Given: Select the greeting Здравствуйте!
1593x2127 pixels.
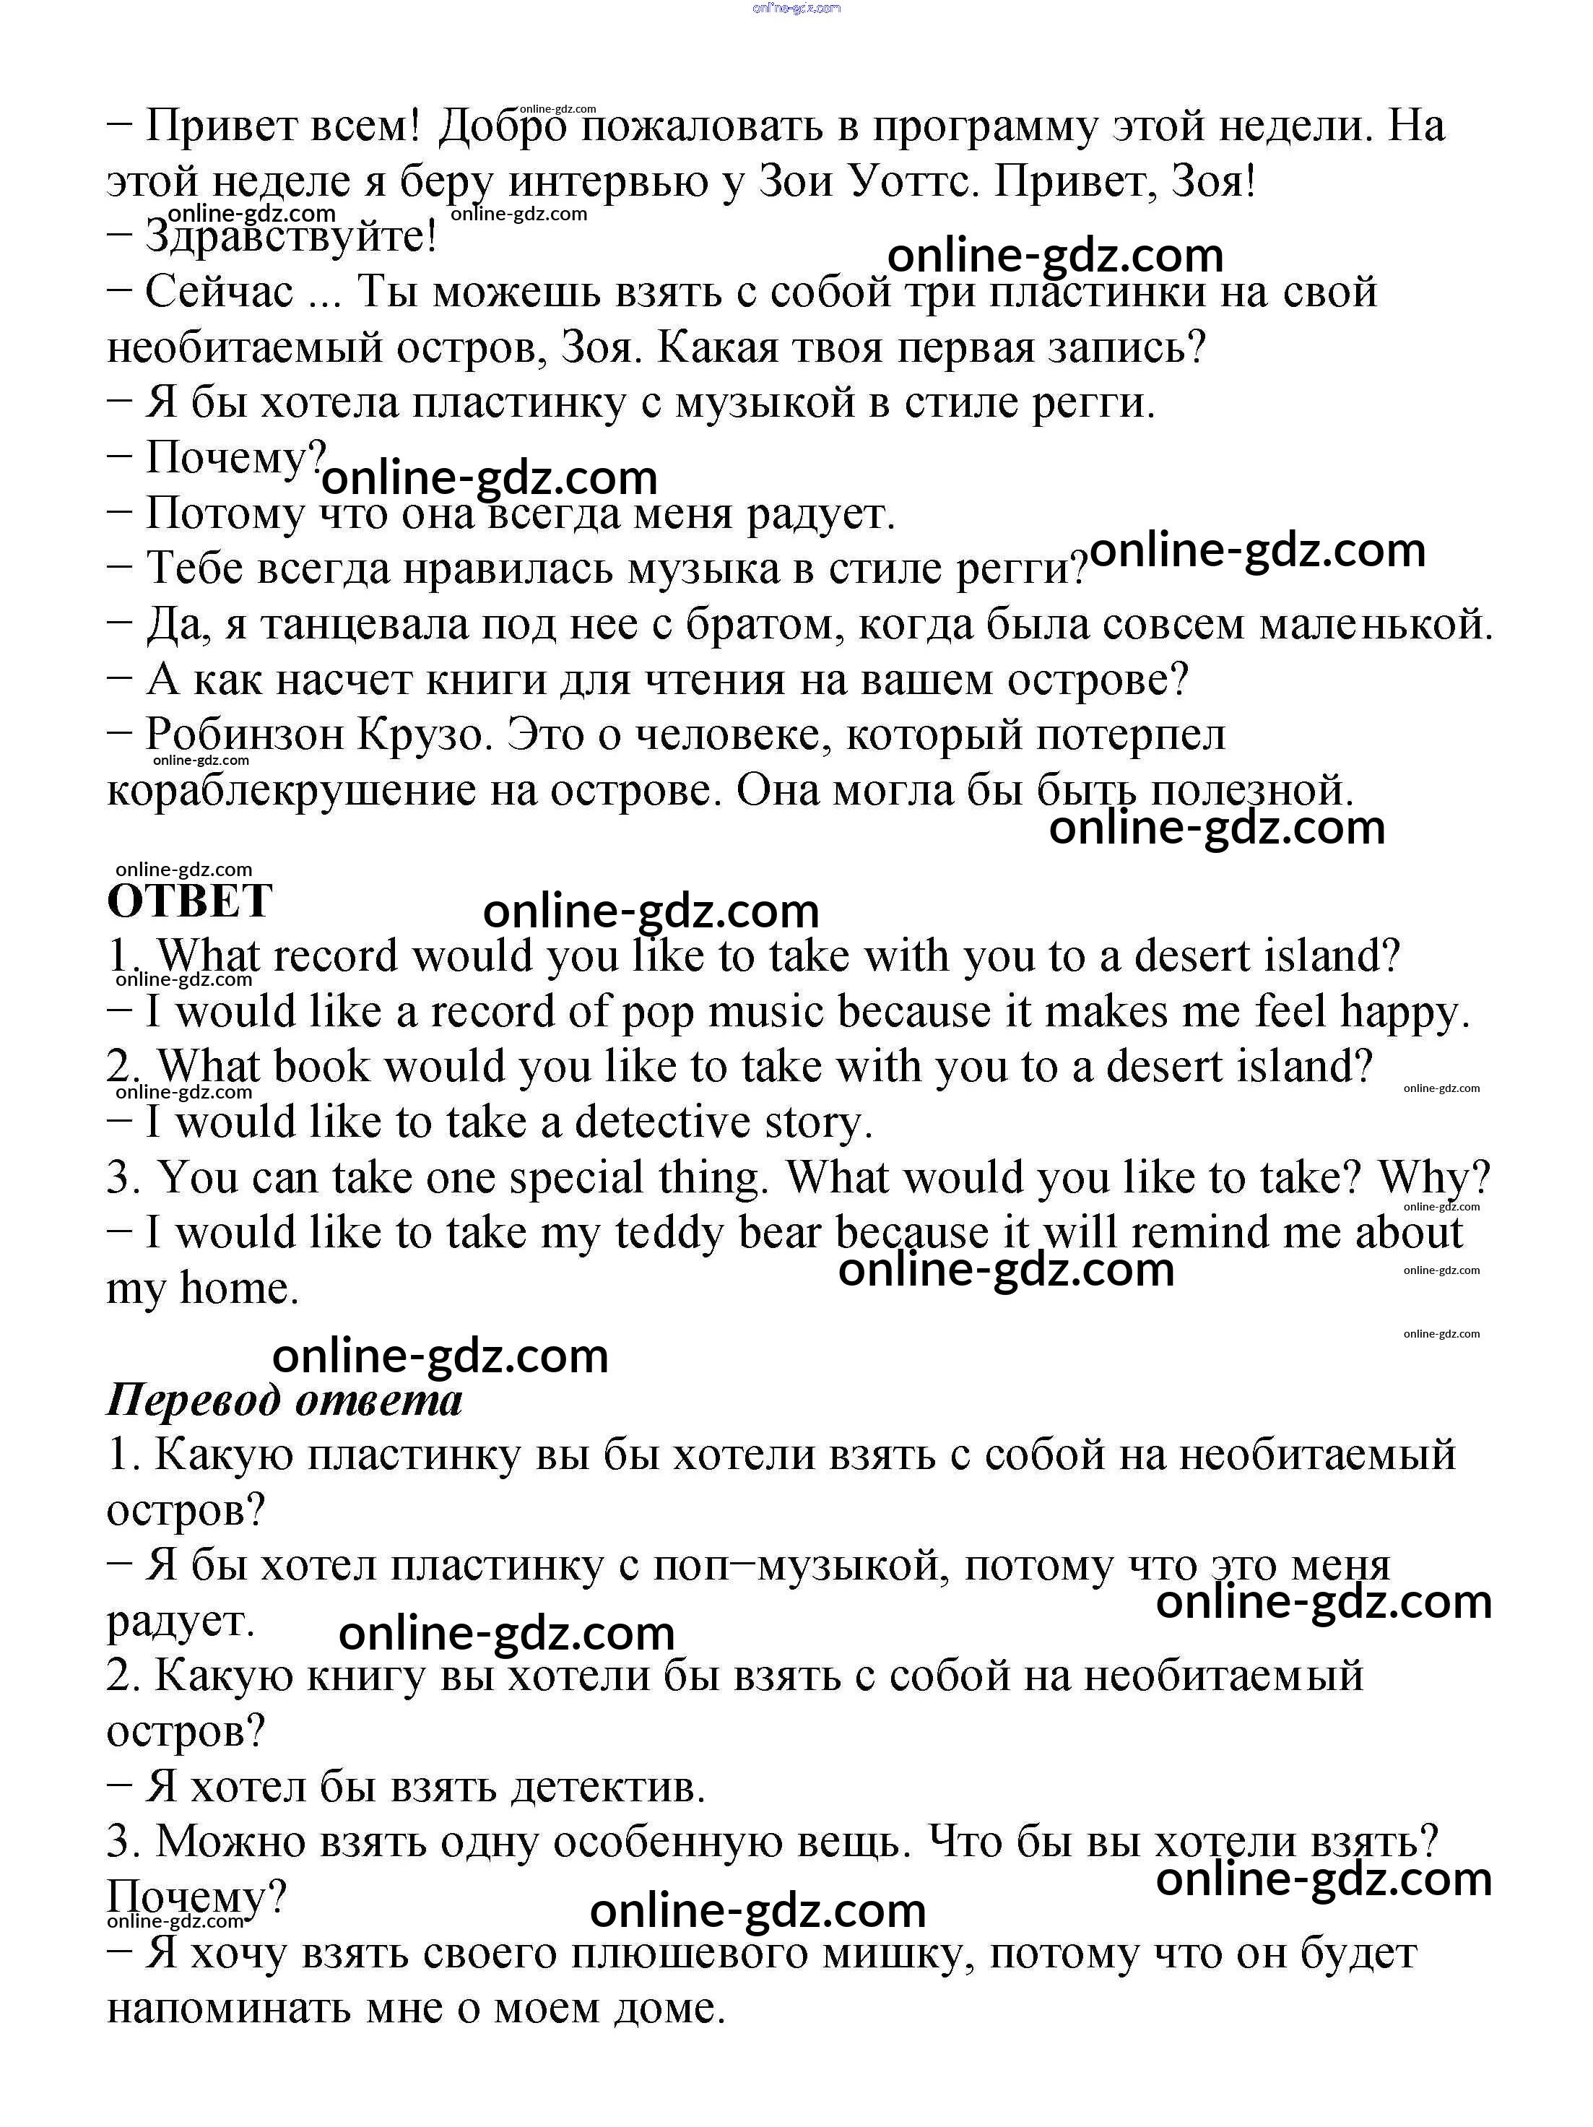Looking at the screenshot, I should tap(290, 237).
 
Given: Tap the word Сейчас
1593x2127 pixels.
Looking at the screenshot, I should tap(220, 291).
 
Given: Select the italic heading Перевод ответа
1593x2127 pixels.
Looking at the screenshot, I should tap(285, 1400).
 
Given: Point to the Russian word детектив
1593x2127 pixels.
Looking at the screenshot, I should tap(607, 1788).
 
